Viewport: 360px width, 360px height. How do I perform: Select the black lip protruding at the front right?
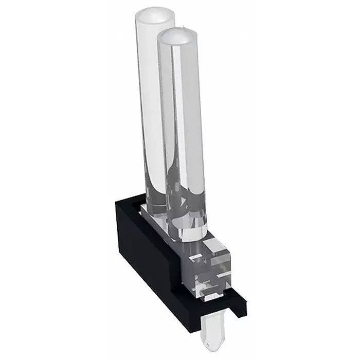(x=234, y=303)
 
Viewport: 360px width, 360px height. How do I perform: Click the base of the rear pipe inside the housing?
(x=154, y=206)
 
